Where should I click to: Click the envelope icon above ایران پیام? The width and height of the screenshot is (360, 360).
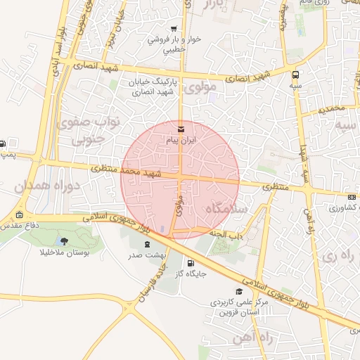(181, 129)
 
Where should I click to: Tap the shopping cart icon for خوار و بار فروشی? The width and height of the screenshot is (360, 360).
(174, 29)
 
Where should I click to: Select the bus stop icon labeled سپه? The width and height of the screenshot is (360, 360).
(295, 73)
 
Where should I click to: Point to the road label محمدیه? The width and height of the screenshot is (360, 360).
(333, 110)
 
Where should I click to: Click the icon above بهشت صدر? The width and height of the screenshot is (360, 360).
(147, 245)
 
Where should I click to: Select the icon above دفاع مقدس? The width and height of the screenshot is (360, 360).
(19, 215)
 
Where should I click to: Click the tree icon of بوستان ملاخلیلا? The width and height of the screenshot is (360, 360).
(64, 241)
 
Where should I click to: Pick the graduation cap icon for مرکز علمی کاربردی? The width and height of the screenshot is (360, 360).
(239, 290)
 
